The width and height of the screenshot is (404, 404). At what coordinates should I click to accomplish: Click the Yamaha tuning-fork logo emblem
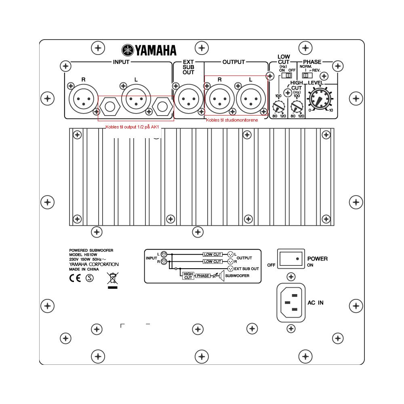[128, 50]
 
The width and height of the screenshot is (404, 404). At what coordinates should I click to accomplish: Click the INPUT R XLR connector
[84, 99]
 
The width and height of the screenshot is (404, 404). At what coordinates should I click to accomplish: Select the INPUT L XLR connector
[136, 99]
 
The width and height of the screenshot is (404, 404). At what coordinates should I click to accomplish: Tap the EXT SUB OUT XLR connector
[189, 99]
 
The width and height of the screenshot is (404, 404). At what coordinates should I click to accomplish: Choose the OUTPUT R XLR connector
[219, 99]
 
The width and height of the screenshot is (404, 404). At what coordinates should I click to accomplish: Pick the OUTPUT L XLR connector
[251, 99]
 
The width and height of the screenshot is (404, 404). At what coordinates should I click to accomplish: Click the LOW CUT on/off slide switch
[286, 75]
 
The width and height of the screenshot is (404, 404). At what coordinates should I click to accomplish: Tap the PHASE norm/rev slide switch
[307, 75]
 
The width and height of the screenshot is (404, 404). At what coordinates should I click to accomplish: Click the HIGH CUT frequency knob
[297, 106]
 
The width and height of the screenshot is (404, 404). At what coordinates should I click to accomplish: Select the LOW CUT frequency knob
[278, 106]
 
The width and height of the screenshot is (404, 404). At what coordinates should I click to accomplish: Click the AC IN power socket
[291, 303]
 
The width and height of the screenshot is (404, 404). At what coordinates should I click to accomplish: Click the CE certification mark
[75, 278]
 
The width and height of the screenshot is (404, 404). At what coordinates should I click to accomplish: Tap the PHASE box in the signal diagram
[203, 276]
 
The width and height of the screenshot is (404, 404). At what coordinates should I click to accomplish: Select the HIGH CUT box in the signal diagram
[188, 276]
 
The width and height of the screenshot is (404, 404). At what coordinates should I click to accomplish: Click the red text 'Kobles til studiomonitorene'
[232, 120]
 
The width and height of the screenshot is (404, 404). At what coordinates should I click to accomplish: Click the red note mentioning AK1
[132, 127]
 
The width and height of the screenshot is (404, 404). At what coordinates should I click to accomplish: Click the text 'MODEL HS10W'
[83, 255]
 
